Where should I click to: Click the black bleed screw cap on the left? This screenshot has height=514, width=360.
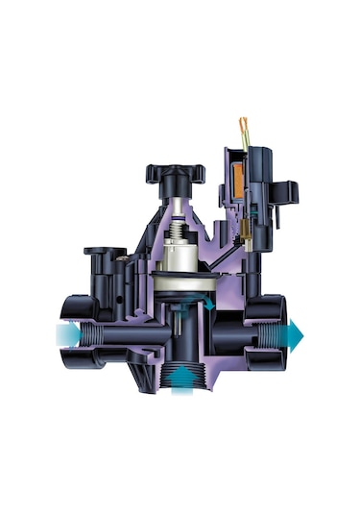click(x=103, y=254)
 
